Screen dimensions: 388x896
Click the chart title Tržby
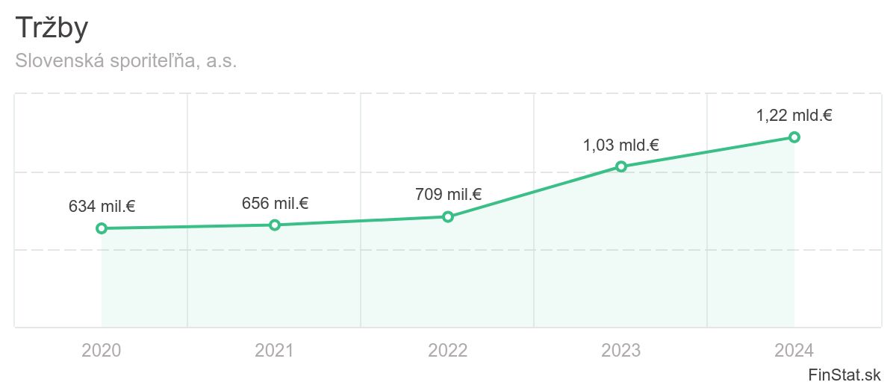52,28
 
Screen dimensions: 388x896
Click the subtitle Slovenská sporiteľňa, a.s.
126,61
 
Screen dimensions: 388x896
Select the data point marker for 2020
102,228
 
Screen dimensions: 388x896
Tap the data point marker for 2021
275,225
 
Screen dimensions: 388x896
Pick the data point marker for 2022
448,216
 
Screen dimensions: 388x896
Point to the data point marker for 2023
621,166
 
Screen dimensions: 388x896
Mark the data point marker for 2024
794,137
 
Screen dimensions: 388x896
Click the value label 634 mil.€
102,207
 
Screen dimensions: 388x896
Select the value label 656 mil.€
275,203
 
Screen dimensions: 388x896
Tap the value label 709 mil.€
448,195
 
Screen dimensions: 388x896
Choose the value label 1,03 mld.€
621,145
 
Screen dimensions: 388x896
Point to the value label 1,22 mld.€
794,116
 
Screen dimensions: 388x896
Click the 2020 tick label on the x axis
102,350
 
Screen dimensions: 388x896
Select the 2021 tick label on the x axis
275,350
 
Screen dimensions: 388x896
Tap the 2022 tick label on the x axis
448,350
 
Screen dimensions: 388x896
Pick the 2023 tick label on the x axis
621,350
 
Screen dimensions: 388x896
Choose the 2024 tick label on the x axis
794,350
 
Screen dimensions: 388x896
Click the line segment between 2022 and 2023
535,192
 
